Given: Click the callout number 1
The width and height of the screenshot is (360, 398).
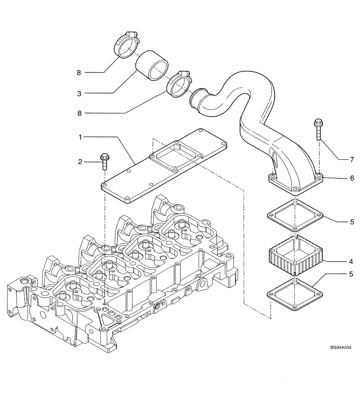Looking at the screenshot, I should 80,137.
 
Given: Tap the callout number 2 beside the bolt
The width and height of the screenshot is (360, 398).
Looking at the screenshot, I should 80,162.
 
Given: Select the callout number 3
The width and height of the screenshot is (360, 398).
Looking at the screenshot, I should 79,94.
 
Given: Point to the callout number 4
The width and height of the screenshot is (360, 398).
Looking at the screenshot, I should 351,262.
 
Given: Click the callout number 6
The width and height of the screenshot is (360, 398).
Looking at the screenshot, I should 352,178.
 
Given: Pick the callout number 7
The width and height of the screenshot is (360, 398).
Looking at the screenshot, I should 351,159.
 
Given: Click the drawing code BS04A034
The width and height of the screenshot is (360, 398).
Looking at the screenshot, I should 340,347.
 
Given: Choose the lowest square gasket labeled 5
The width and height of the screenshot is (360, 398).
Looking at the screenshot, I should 294,295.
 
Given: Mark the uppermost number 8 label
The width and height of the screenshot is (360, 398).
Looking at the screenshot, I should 79,73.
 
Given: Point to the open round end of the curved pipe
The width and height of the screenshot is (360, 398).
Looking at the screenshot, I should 197,99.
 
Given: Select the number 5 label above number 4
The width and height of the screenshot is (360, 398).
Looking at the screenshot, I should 352,222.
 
